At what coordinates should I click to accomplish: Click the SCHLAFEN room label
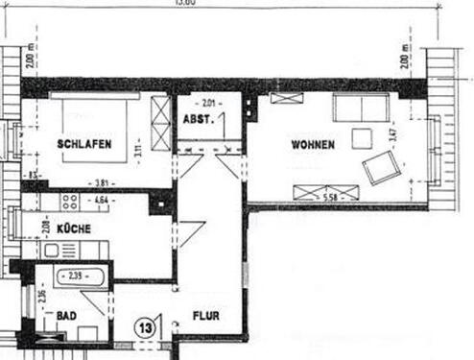[x=84, y=145]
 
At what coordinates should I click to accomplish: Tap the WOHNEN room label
[x=313, y=145]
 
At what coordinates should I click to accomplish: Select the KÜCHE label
[x=73, y=230]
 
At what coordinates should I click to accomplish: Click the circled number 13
[x=146, y=326]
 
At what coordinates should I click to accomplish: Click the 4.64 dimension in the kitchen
[x=100, y=202]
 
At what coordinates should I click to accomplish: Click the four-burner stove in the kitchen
[x=70, y=204]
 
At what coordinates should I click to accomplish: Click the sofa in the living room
[x=360, y=107]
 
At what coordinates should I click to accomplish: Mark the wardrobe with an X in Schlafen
[x=159, y=124]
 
